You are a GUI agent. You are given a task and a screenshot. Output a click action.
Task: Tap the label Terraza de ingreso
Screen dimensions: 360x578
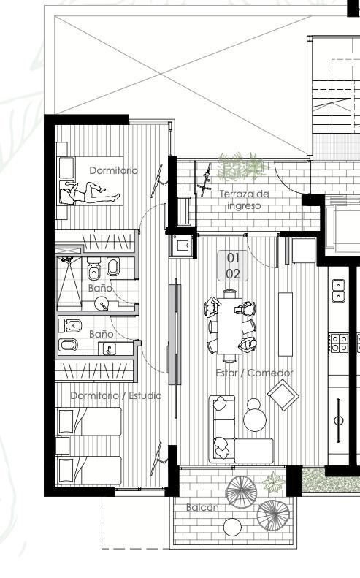244,199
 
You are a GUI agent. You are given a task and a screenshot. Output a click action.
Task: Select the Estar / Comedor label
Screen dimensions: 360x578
254,373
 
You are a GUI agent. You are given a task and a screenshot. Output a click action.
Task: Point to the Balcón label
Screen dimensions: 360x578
202,507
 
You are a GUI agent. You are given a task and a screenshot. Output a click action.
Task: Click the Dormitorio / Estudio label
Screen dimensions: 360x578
115,395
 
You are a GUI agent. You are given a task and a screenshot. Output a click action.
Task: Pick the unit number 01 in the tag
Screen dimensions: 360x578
233,258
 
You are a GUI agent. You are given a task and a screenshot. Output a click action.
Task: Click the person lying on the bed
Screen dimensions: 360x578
91,192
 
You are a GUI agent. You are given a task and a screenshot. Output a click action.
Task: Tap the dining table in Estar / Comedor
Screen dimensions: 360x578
229,325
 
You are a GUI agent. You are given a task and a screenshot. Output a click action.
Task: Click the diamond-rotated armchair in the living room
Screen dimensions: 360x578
283,395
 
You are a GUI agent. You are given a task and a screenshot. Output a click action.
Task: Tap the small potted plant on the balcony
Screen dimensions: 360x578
273,482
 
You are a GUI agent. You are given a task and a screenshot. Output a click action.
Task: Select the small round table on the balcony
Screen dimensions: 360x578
232,527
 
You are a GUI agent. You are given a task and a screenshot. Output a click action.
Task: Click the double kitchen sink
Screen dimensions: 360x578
338,290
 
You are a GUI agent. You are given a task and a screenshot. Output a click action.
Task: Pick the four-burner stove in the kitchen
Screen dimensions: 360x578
339,343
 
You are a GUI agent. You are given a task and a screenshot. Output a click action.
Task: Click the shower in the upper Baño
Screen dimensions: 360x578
69,282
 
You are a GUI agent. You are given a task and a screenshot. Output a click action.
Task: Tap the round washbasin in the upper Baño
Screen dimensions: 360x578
101,304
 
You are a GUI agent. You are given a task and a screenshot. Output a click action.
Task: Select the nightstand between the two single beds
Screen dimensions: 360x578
63,446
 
